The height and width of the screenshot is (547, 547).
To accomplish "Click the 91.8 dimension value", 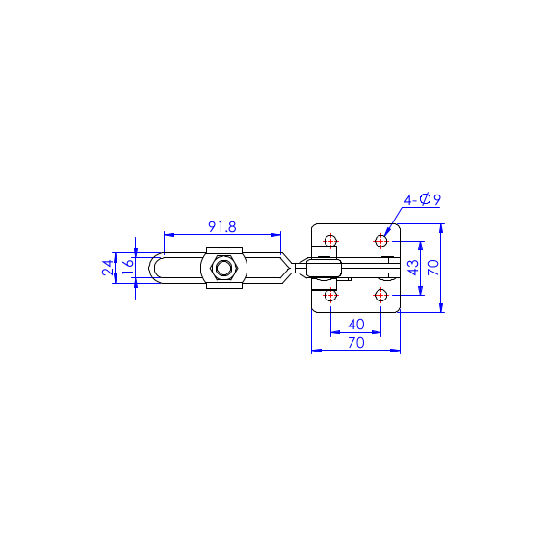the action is pos(222,227).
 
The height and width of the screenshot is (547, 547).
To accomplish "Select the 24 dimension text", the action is pos(108,268).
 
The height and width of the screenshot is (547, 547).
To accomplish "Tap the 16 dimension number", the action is pos(128,263).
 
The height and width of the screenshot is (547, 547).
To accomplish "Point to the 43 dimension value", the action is pos(413,268).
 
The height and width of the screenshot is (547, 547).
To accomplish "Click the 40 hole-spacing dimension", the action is pos(356,325).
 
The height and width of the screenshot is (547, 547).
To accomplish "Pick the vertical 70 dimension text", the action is pos(433,268).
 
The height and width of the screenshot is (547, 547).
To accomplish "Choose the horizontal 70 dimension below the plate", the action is pos(356,343).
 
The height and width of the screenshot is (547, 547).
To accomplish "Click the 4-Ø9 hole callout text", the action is pos(423,200).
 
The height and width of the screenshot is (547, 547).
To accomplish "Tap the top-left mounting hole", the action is pos(330,241).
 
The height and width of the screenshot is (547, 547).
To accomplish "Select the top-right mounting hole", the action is pos(380,241).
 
